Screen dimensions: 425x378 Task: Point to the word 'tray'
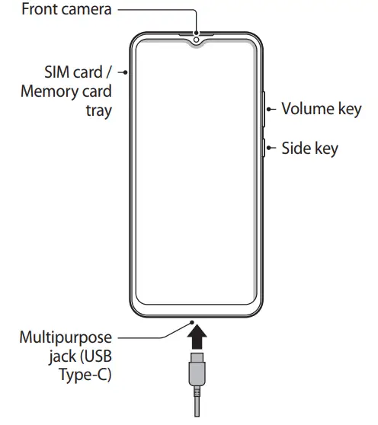pyautogui.click(x=97, y=110)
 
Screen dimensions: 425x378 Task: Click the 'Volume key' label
pyautogui.click(x=321, y=108)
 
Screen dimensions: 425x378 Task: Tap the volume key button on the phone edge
pyautogui.click(x=264, y=109)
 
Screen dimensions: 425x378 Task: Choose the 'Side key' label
pyautogui.click(x=309, y=148)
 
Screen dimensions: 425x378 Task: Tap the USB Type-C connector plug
pyautogui.click(x=197, y=371)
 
